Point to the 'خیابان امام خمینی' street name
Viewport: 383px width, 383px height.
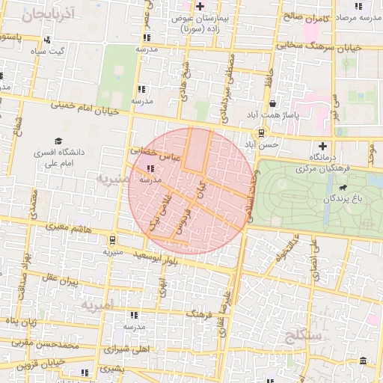pyautogui.click(x=85, y=109)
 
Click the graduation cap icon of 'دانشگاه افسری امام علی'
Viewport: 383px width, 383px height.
pyautogui.click(x=58, y=141)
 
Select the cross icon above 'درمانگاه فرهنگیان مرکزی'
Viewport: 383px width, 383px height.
pyautogui.click(x=322, y=146)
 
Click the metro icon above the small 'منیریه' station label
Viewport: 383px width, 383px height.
pyautogui.click(x=112, y=240)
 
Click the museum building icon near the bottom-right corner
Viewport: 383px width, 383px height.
pyautogui.click(x=364, y=362)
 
